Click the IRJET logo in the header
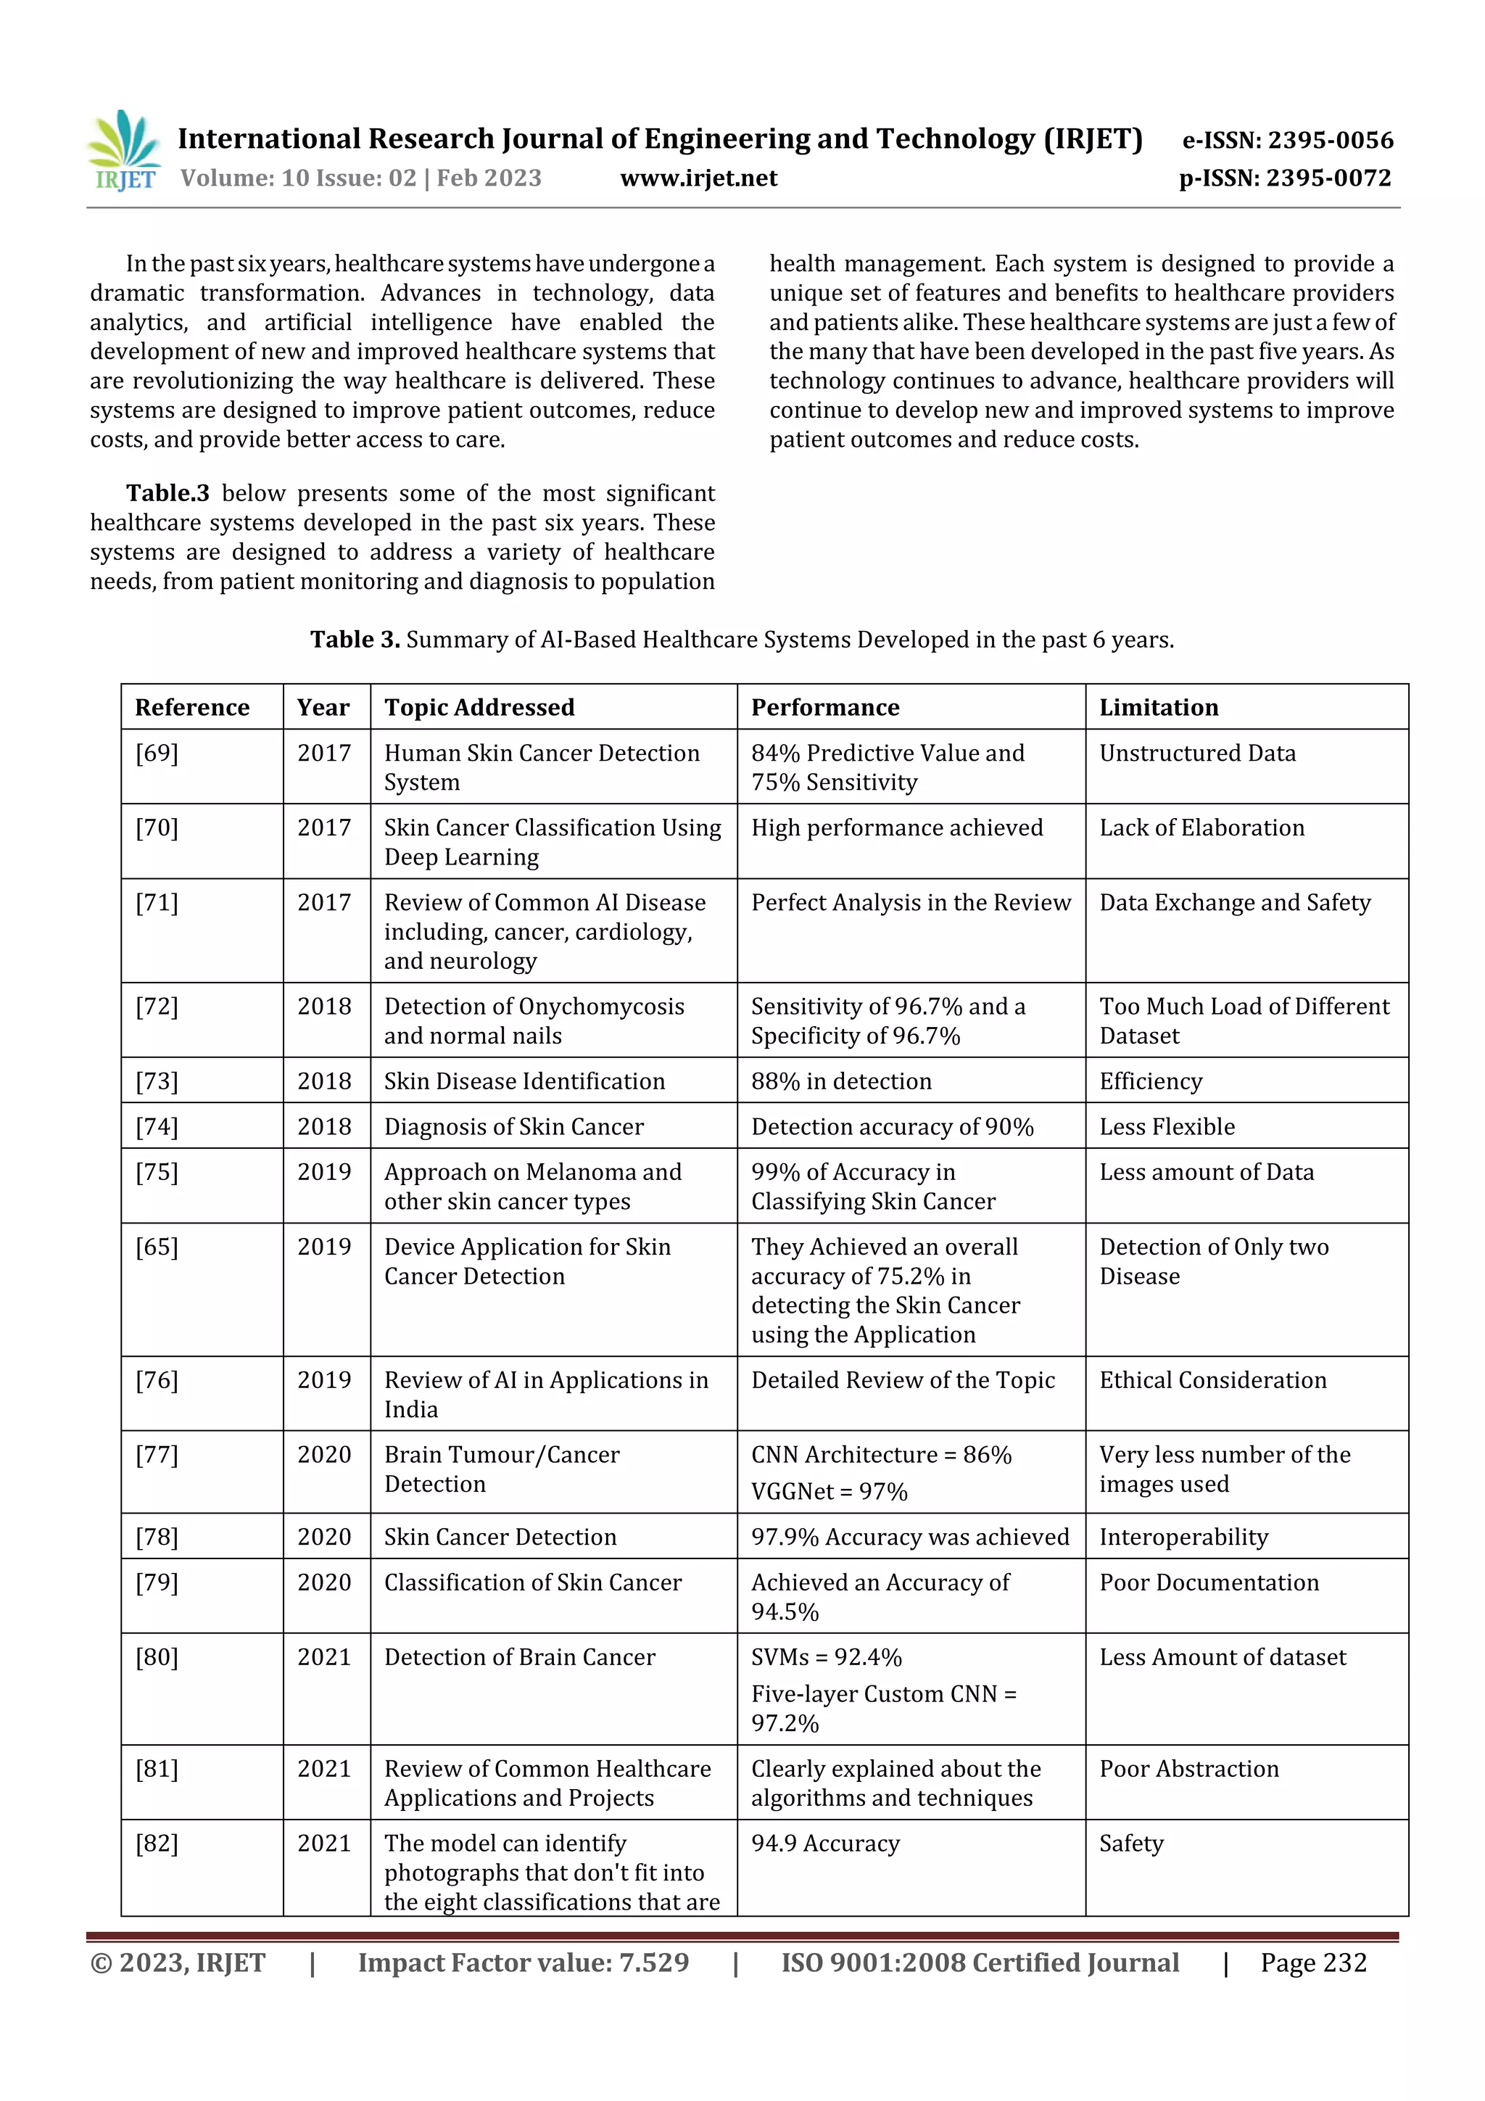coord(123,151)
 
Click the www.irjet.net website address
coord(698,178)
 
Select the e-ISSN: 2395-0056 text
coord(1287,140)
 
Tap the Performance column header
coord(824,707)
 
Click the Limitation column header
coord(1159,707)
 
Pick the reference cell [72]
coord(157,1007)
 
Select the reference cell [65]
coord(157,1247)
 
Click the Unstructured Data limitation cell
coord(1197,753)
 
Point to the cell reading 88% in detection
coord(841,1081)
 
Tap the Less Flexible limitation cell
coord(1167,1126)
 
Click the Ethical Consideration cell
coord(1212,1380)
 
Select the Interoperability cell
coord(1183,1537)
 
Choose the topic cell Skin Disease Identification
coord(524,1081)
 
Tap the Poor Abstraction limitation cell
coord(1188,1769)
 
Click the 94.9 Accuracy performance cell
coord(825,1844)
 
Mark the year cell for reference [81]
coord(324,1769)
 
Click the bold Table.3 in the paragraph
coord(167,493)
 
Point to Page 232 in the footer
coord(1313,1962)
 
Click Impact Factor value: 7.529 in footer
coord(524,1962)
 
